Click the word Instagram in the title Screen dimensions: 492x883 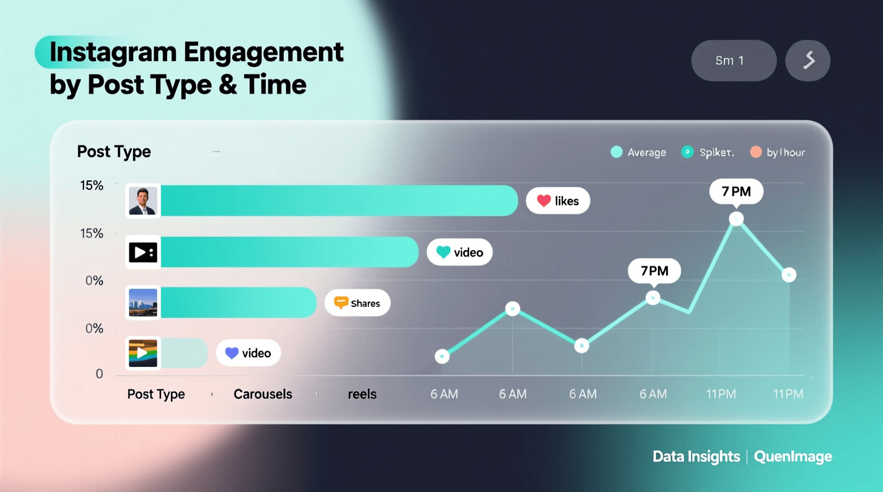coord(113,52)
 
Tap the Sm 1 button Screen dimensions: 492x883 coord(733,60)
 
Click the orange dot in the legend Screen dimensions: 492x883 coord(756,152)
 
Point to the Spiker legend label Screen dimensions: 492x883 coord(716,153)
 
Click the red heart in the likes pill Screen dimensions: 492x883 coord(544,201)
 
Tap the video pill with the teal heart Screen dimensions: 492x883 coord(460,252)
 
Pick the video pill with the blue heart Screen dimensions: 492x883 coord(248,353)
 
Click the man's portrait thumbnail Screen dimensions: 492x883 coord(143,201)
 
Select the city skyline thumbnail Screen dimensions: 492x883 coord(143,303)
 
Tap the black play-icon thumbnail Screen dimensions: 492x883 coord(143,252)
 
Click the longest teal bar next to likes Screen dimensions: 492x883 coord(339,200)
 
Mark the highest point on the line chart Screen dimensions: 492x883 coord(736,218)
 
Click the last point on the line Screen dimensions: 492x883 coord(789,275)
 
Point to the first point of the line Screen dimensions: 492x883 coord(442,356)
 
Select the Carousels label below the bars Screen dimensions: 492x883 coord(263,394)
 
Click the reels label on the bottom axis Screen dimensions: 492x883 coord(362,394)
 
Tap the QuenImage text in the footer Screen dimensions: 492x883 coord(793,456)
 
